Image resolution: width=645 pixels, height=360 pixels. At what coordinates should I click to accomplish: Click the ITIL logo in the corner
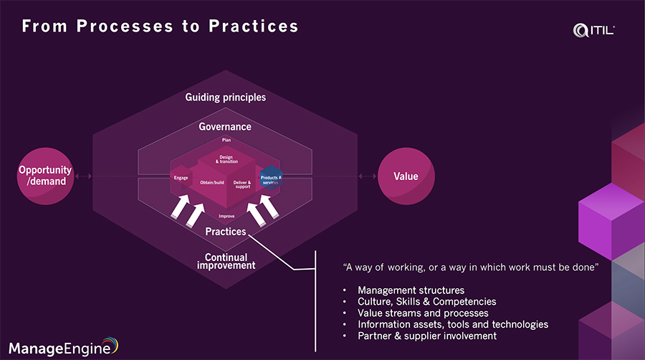click(594, 29)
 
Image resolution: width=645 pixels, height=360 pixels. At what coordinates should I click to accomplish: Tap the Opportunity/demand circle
click(45, 176)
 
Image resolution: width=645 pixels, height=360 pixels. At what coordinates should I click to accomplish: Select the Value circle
click(406, 176)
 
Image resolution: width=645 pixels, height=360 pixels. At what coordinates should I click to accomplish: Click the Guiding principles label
click(225, 97)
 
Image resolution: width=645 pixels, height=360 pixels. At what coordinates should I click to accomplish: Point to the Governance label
click(225, 127)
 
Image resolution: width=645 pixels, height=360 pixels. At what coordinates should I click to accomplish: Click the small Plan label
click(226, 140)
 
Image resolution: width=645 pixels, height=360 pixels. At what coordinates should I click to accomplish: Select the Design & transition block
click(226, 160)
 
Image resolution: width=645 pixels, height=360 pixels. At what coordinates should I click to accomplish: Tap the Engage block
click(181, 177)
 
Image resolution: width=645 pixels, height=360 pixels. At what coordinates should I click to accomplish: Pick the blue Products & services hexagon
click(271, 179)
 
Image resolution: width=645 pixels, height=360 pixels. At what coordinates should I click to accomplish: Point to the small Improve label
click(226, 215)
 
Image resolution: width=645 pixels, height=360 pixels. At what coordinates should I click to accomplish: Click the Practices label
click(225, 232)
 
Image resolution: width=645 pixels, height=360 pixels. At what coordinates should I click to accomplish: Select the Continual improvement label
click(226, 261)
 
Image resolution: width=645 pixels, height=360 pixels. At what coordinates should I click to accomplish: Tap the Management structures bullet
click(401, 290)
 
